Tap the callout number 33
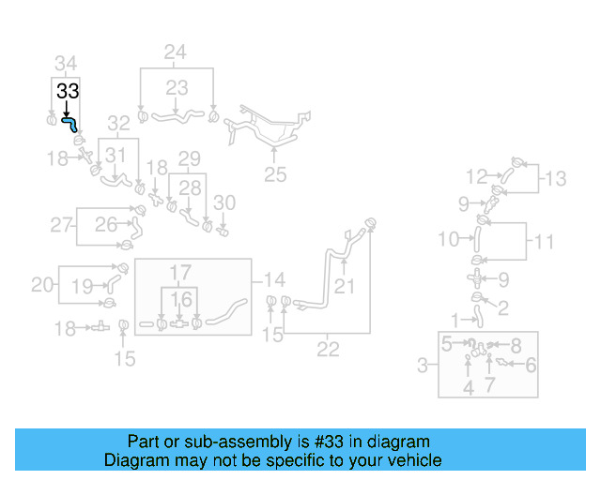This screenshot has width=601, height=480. click(68, 92)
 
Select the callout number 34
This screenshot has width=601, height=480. click(65, 64)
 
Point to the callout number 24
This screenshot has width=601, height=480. click(176, 52)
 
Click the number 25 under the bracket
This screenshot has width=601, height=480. click(274, 173)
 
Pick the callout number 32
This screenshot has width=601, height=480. click(117, 123)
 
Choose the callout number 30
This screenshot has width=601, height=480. click(223, 202)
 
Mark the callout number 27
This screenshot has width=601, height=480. click(61, 225)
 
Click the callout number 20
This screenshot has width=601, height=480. click(42, 284)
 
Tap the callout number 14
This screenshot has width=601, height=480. click(274, 279)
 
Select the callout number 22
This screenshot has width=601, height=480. click(327, 350)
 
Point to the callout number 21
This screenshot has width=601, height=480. click(346, 286)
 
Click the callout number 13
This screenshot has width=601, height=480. click(557, 178)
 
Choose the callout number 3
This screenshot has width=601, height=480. click(424, 365)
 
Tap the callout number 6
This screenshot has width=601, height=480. click(531, 366)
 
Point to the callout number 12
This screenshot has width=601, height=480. click(477, 175)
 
